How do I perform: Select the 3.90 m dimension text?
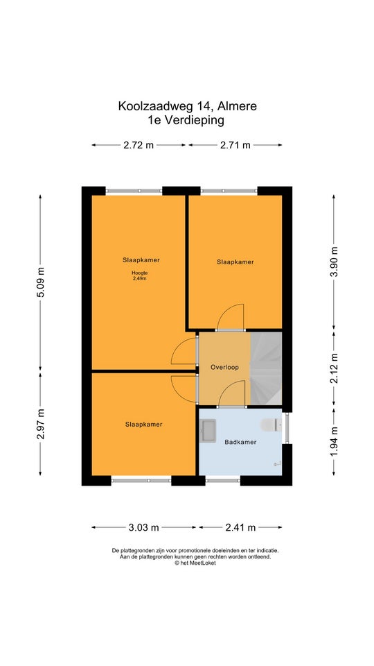click(x=335, y=262)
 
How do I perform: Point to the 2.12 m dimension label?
click(x=335, y=368)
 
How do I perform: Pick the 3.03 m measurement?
click(x=144, y=527)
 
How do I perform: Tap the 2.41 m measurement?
click(x=240, y=527)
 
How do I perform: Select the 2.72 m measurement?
click(x=139, y=145)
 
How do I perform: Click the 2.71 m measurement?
click(x=235, y=145)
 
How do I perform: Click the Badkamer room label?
click(x=240, y=442)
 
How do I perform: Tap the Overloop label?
click(x=224, y=368)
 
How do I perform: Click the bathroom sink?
click(x=208, y=431)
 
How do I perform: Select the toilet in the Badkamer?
click(x=271, y=425)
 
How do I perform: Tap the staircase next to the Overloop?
click(x=266, y=368)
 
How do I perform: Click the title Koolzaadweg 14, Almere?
click(x=188, y=106)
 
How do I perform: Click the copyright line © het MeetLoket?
click(x=195, y=563)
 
